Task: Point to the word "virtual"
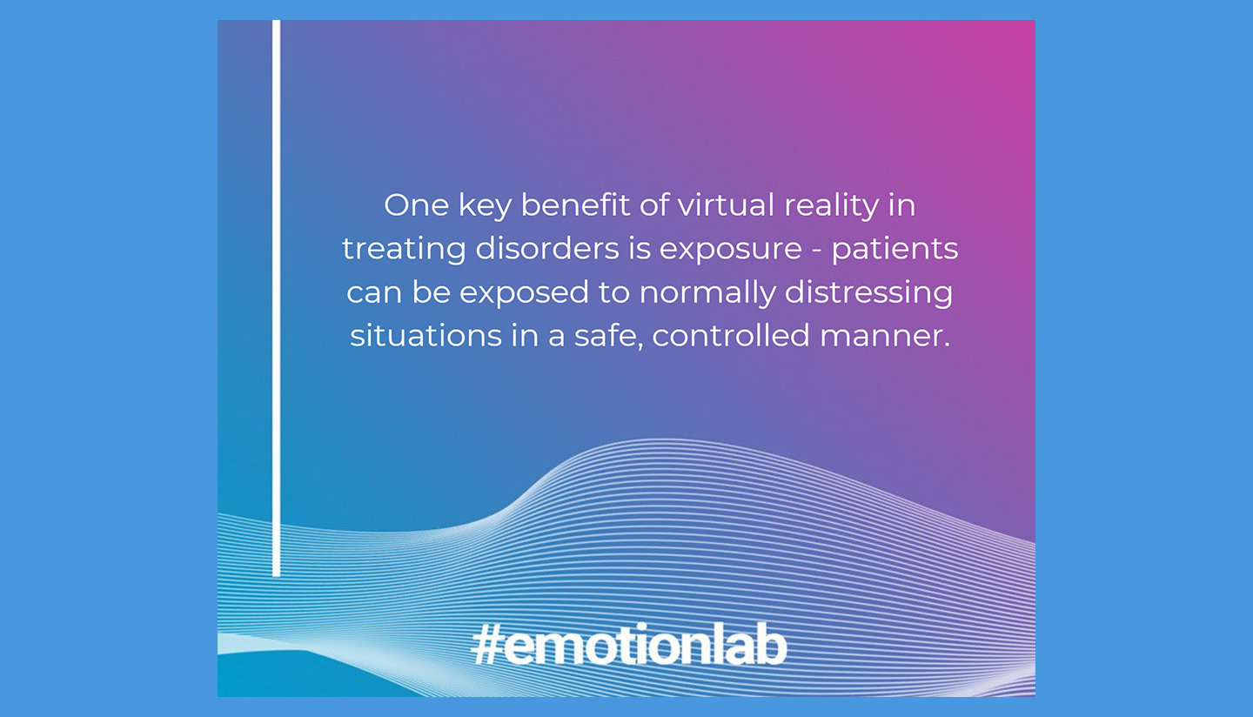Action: pos(725,205)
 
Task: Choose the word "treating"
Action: pos(404,250)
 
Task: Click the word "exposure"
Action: pos(730,251)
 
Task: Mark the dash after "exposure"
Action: pos(817,251)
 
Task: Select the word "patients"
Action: pos(895,250)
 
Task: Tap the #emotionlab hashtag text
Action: pos(628,647)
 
